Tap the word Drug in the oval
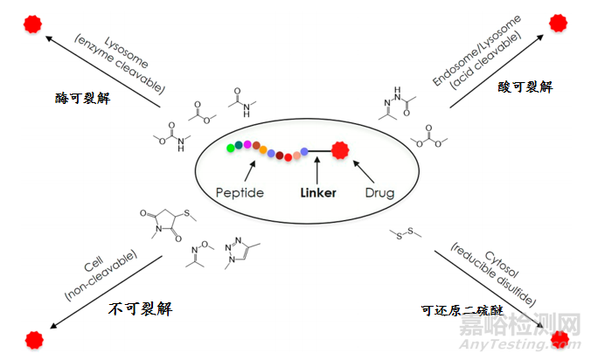tap(379, 191)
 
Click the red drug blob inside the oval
tap(340, 151)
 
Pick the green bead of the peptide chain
tap(230, 148)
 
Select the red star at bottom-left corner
tap(33, 338)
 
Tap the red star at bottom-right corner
tap(558, 338)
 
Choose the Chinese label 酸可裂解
tap(525, 87)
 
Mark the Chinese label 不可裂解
tap(138, 308)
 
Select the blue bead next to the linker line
tap(304, 152)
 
